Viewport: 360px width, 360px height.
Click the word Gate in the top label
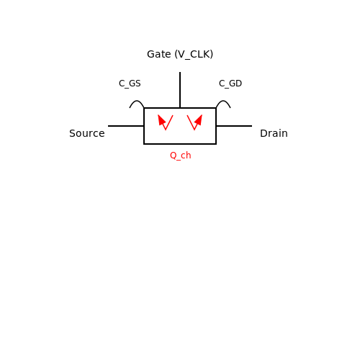[159, 54]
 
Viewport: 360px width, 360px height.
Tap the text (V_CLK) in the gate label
[194, 55]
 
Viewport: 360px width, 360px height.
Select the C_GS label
[130, 84]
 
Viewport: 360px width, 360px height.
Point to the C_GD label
[230, 84]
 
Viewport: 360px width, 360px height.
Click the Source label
[87, 133]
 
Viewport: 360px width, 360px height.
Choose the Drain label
[274, 133]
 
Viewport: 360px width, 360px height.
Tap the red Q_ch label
[181, 156]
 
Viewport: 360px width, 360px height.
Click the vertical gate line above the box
[180, 90]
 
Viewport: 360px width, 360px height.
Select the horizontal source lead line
[126, 126]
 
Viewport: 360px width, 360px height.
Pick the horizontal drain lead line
[234, 126]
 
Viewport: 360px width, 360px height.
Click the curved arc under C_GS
[137, 101]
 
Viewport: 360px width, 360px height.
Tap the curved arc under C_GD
[223, 101]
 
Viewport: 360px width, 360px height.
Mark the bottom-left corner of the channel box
[144, 144]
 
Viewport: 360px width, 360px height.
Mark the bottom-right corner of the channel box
[216, 144]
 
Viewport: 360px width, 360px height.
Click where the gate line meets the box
[180, 108]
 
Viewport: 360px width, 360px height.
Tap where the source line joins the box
[144, 126]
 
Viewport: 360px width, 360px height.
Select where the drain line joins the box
[216, 126]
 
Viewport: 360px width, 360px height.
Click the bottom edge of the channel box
[180, 144]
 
